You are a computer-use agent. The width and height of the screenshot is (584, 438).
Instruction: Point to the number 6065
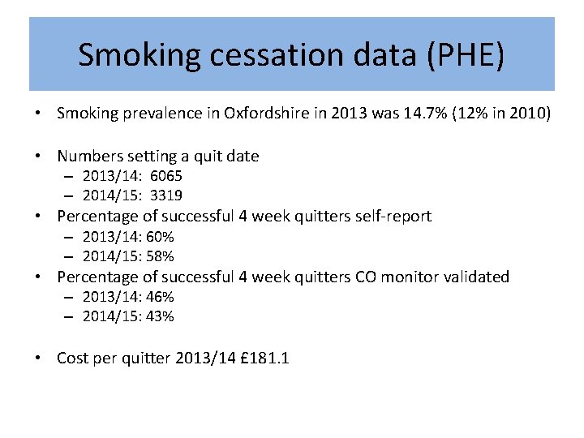(x=166, y=176)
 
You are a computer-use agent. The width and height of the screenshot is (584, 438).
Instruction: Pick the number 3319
(x=166, y=195)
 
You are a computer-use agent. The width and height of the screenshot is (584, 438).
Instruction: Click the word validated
(x=476, y=277)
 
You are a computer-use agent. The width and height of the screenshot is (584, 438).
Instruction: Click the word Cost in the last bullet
(x=73, y=358)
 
